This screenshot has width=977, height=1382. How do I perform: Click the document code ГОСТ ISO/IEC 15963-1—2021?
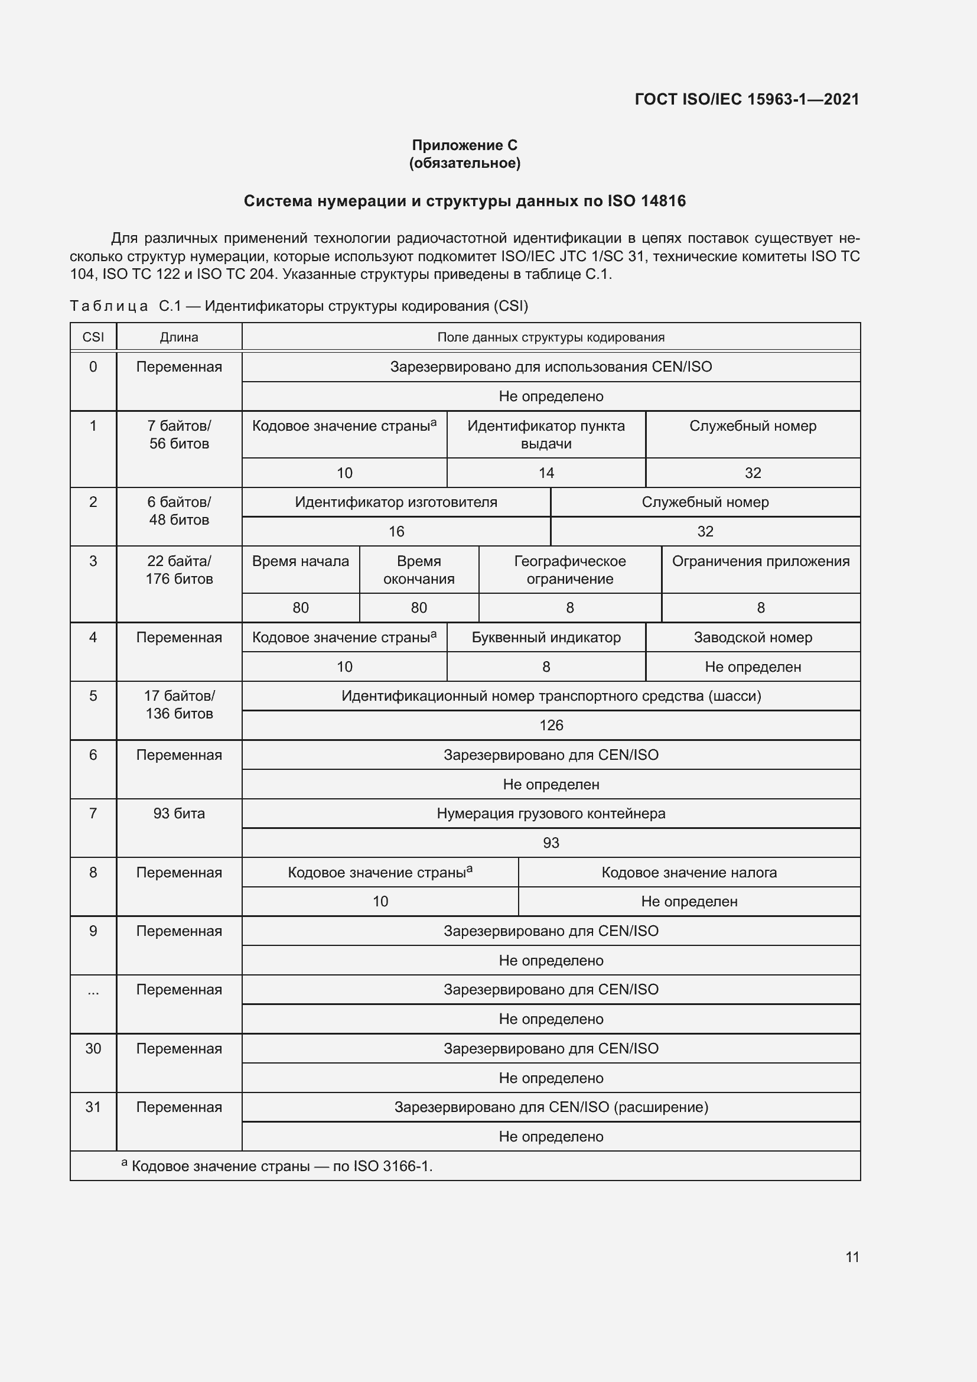pyautogui.click(x=747, y=99)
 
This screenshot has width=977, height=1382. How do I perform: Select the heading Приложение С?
pyautogui.click(x=464, y=145)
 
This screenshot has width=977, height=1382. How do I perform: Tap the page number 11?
pyautogui.click(x=852, y=1257)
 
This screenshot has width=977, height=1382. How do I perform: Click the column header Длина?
pyautogui.click(x=178, y=337)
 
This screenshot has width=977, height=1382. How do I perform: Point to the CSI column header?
pyautogui.click(x=93, y=337)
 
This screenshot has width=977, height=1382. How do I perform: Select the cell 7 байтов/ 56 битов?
pyautogui.click(x=178, y=435)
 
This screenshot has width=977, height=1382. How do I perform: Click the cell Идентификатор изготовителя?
pyautogui.click(x=396, y=502)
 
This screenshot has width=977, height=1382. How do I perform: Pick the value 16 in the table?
pyautogui.click(x=396, y=532)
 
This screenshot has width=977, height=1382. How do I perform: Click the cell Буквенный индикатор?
pyautogui.click(x=546, y=638)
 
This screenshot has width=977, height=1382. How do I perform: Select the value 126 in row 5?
pyautogui.click(x=551, y=726)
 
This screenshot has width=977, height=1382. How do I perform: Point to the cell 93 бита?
pyautogui.click(x=178, y=813)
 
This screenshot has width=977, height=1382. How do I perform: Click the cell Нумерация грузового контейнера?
pyautogui.click(x=551, y=813)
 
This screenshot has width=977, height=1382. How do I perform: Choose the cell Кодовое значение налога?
pyautogui.click(x=689, y=872)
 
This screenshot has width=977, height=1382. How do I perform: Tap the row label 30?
pyautogui.click(x=93, y=1049)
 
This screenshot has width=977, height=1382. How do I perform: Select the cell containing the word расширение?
pyautogui.click(x=551, y=1107)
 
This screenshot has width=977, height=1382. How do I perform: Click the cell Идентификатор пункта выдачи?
pyautogui.click(x=546, y=435)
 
